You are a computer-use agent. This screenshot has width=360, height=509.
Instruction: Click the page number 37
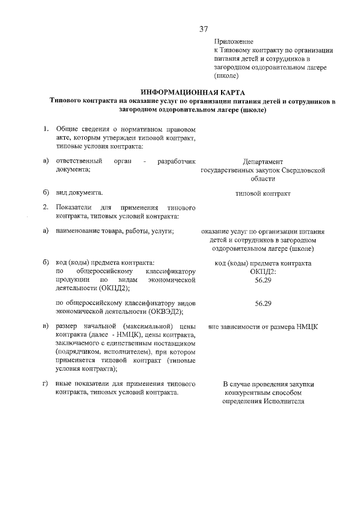204,29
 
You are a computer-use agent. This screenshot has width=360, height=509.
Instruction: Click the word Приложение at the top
233,42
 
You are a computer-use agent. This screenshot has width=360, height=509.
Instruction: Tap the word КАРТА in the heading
228,92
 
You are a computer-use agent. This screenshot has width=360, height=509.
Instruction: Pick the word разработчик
177,161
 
